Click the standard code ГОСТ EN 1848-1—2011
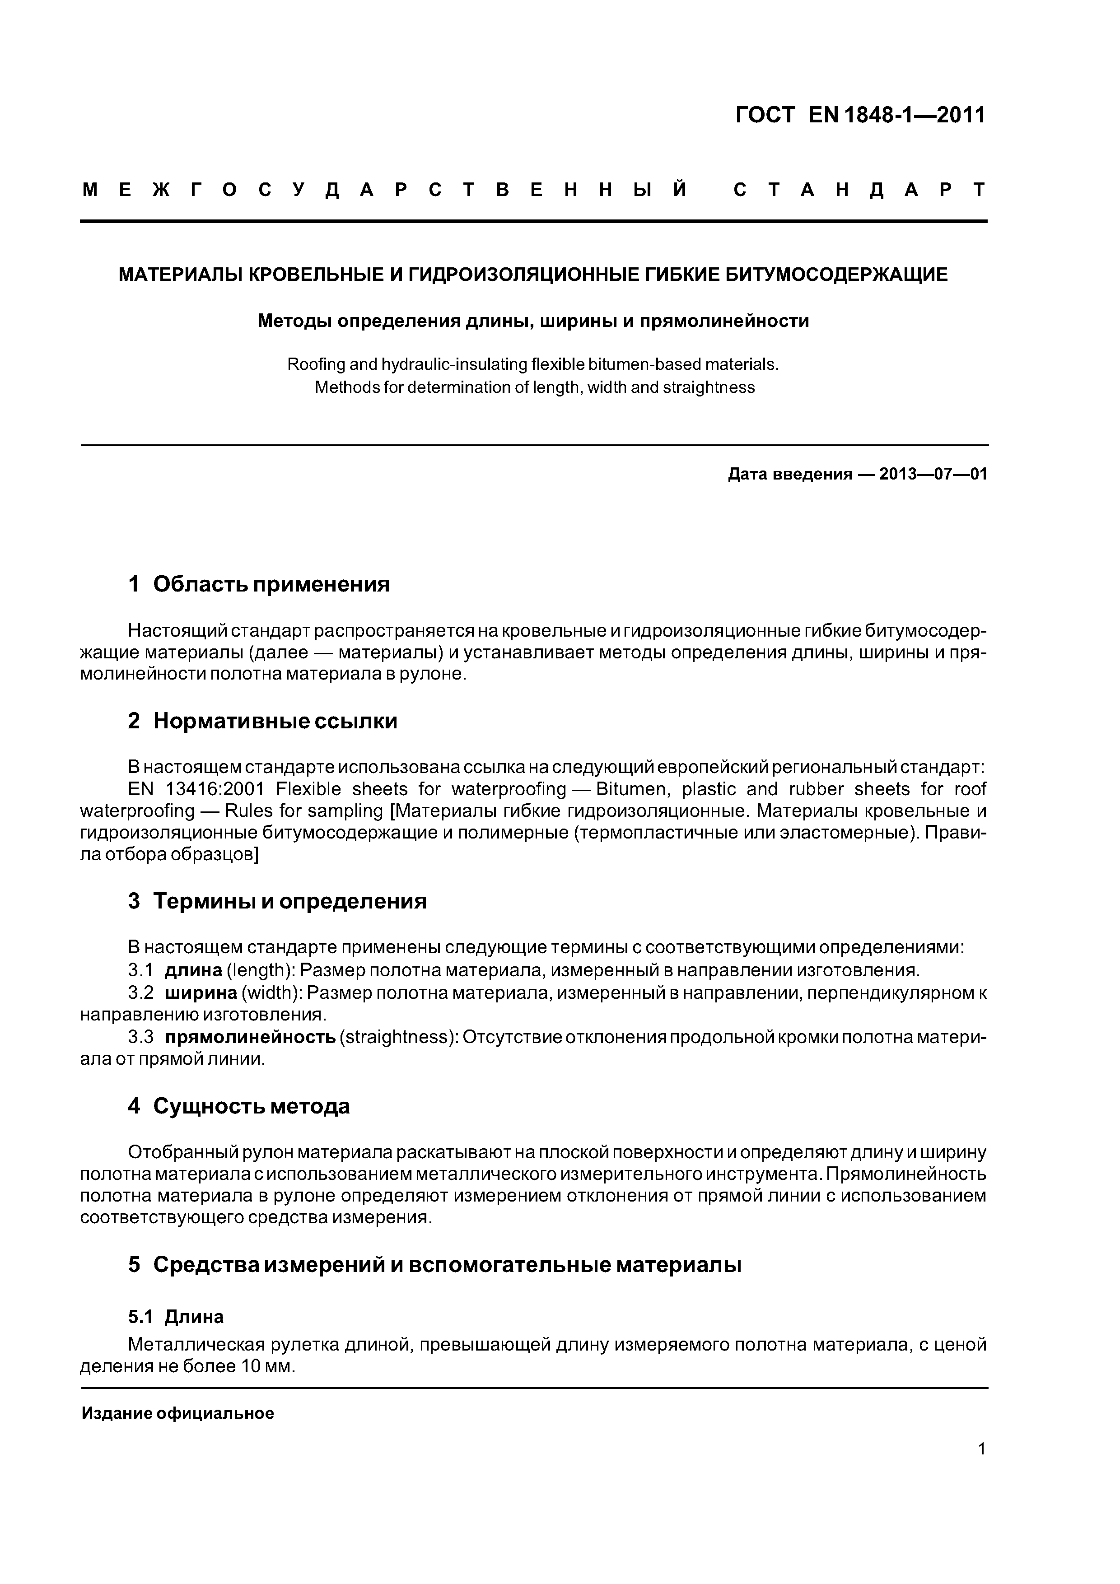tap(860, 115)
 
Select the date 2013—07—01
tap(933, 475)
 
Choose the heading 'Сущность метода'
tap(251, 1107)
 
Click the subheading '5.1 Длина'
tap(176, 1317)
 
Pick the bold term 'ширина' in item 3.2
tap(200, 993)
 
